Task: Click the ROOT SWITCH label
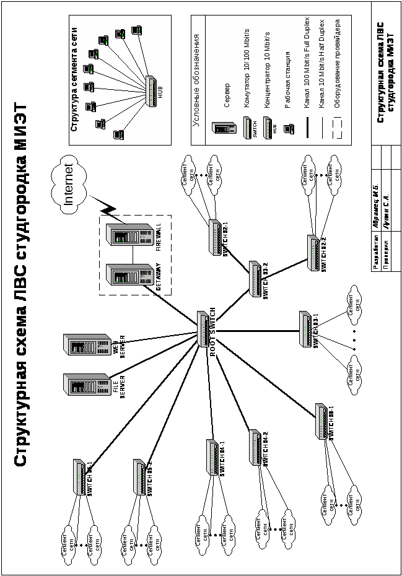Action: pos(213,331)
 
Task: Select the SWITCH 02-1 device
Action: pos(215,237)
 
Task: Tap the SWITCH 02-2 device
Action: pos(315,252)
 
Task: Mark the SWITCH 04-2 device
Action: pos(255,447)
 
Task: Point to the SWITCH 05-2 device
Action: pos(140,477)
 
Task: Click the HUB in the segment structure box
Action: pos(152,89)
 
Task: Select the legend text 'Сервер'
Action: pos(227,95)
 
